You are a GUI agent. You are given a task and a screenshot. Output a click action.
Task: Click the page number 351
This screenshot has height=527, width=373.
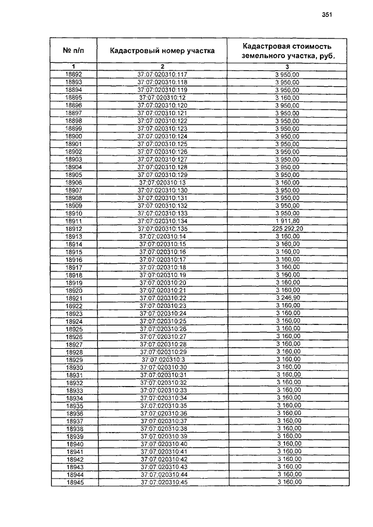[326, 16]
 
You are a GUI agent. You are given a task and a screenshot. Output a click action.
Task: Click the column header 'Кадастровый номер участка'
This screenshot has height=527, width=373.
[162, 51]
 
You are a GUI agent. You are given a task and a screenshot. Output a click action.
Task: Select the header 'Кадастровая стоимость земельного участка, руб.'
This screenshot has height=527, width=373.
[287, 51]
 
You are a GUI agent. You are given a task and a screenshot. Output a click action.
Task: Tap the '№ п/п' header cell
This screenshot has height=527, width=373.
[73, 51]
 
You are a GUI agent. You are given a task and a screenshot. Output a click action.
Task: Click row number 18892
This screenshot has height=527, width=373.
[73, 75]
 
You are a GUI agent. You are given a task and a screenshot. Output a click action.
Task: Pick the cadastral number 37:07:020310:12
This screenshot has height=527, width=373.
[162, 98]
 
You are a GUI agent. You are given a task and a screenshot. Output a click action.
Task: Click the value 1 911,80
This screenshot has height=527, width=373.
[287, 221]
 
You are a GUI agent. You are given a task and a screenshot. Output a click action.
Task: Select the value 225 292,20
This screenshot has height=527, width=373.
[287, 229]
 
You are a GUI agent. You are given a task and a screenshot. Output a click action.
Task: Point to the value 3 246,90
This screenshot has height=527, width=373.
[287, 298]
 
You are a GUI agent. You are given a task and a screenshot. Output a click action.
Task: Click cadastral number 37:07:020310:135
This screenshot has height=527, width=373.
[162, 229]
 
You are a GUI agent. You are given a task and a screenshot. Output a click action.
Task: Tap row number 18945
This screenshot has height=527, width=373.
[73, 482]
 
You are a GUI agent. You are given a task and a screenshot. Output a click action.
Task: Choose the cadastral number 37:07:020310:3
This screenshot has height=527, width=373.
[162, 359]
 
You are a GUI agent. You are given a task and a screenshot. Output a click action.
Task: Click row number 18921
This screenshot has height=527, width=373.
[73, 298]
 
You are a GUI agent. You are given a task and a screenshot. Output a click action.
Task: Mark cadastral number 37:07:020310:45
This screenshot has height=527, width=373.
[162, 482]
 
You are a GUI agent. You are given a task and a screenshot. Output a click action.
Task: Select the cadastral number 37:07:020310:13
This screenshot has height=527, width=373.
[162, 183]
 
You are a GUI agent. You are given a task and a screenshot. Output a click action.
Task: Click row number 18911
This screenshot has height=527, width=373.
[73, 221]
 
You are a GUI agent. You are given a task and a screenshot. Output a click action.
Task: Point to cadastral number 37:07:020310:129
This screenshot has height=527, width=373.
[162, 175]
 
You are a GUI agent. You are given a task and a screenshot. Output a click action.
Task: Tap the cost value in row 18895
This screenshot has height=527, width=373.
[287, 98]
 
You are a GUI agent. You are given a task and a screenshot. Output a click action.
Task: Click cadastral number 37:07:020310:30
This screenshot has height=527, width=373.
[162, 367]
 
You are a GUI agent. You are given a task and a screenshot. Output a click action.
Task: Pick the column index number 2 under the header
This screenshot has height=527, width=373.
[162, 66]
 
